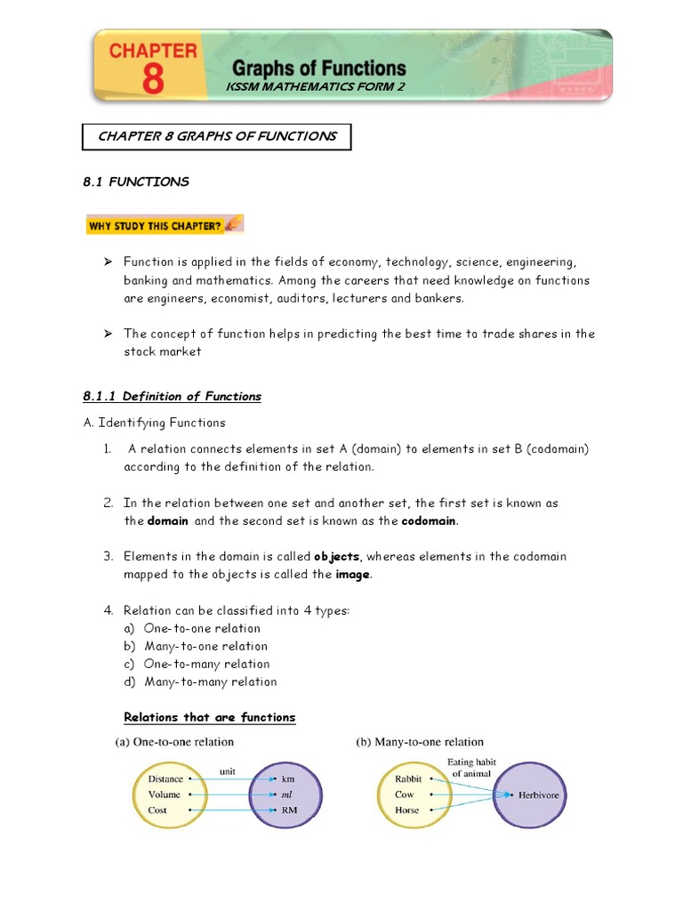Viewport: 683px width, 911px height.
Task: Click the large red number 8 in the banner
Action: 152,78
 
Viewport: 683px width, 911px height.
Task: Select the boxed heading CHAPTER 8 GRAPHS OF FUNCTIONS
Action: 217,136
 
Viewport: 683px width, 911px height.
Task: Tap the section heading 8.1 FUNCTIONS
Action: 135,181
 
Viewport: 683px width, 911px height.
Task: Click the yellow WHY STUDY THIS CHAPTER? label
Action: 164,225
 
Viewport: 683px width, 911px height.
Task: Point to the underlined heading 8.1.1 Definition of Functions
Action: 172,396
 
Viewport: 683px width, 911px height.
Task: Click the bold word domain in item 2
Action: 167,521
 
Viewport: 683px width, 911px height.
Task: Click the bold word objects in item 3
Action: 336,557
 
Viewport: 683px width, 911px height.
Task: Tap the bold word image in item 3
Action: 352,575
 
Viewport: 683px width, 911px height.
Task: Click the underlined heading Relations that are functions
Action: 209,717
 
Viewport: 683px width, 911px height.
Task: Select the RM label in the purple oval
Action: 289,810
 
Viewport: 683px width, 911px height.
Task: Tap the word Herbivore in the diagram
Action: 538,794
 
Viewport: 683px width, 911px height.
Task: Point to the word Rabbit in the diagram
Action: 409,778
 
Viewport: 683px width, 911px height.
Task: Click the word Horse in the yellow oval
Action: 406,810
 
